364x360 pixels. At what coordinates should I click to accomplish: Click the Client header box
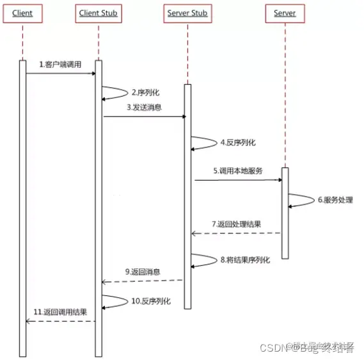click(x=22, y=13)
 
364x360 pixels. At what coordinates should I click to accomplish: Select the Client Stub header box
click(x=99, y=13)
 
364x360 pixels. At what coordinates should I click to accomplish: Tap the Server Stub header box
click(x=187, y=13)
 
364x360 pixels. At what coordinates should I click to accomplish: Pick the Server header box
click(x=285, y=13)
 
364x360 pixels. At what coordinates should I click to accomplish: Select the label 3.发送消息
click(x=144, y=107)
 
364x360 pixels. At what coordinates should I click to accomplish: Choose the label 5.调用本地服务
click(x=238, y=171)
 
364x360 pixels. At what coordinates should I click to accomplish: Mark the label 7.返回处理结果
click(x=236, y=224)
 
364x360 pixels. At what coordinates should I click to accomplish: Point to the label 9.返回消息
click(x=143, y=272)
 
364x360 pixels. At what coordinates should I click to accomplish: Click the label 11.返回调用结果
click(x=60, y=312)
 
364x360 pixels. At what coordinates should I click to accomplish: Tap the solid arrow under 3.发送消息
click(x=144, y=117)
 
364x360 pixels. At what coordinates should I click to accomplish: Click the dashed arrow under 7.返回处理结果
click(x=236, y=233)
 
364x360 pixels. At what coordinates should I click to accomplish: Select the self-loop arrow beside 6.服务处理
click(x=301, y=200)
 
